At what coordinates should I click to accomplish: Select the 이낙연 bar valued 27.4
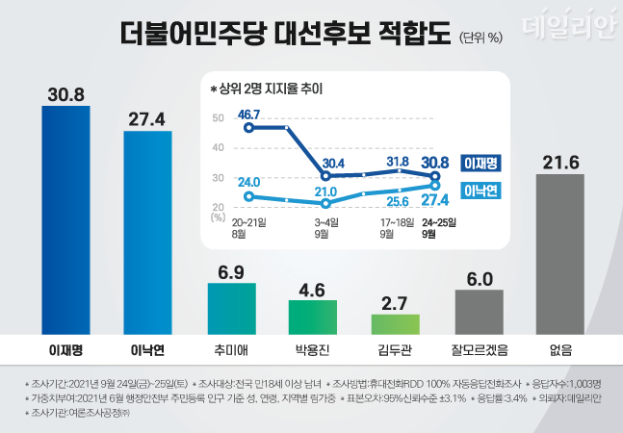[147, 231]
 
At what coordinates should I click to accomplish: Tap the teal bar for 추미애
[231, 307]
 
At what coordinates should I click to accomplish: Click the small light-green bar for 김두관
[396, 322]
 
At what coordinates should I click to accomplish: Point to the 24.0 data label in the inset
[249, 181]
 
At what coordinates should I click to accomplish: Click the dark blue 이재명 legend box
[486, 163]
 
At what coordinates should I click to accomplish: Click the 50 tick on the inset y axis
[218, 118]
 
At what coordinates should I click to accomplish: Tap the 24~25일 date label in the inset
[439, 222]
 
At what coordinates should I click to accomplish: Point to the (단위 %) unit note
[481, 38]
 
